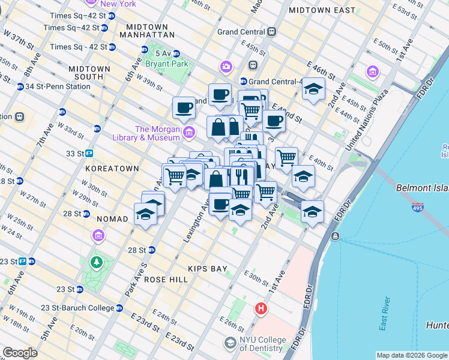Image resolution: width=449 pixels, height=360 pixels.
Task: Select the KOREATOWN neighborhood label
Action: tap(112, 169)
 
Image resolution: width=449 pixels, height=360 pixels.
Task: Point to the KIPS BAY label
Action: tap(207, 269)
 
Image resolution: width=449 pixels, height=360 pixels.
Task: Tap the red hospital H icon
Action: tap(261, 309)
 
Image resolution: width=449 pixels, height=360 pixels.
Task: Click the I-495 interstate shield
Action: tap(418, 208)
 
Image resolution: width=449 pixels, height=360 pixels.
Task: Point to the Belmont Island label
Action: tap(422, 188)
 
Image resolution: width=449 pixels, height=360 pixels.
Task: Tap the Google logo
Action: tap(20, 353)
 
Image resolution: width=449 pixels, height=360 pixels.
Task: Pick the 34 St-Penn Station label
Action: tap(57, 86)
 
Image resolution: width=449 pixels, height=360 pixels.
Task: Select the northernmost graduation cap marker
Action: tap(313, 89)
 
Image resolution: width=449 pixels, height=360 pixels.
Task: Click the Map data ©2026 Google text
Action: tap(411, 355)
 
